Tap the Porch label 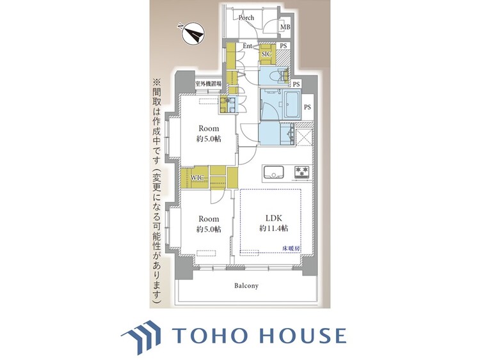[x=246, y=18]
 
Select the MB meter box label [x=285, y=27]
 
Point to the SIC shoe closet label [x=266, y=54]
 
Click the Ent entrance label [x=248, y=46]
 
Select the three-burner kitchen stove [x=302, y=172]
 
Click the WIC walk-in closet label [x=197, y=177]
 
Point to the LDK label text [x=273, y=218]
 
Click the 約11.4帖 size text [x=273, y=228]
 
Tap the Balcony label [x=246, y=286]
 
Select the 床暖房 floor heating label [x=291, y=249]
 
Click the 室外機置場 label [x=209, y=84]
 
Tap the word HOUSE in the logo [x=303, y=335]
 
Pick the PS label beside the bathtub [x=307, y=107]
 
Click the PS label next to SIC [x=284, y=46]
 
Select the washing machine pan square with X [x=304, y=136]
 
